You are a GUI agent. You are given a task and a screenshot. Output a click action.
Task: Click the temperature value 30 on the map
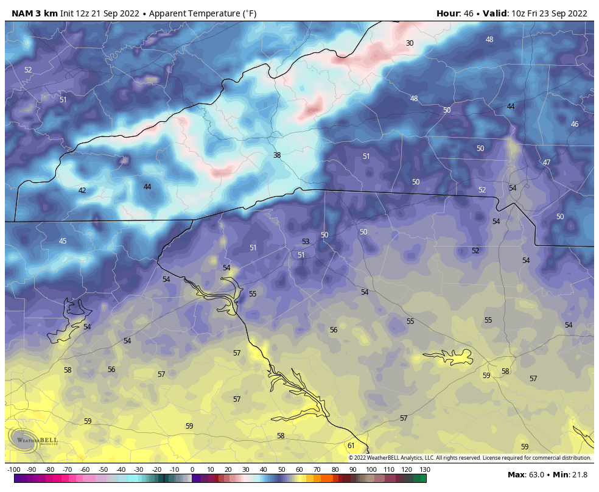coord(410,43)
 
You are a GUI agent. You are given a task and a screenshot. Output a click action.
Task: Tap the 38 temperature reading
coord(277,155)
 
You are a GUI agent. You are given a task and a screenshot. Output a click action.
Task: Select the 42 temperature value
coord(82,191)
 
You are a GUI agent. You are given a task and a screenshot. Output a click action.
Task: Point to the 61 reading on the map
coord(351,446)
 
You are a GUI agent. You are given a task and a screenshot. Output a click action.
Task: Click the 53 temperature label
coord(306,242)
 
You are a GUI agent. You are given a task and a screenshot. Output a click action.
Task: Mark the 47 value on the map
coord(547,163)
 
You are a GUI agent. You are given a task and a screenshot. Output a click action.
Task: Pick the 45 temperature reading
coord(63,241)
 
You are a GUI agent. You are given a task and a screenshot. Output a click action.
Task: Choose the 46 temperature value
coord(575,124)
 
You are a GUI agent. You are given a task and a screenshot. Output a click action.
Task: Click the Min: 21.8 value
coord(571,474)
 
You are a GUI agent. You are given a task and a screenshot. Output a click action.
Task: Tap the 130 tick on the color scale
coord(425,469)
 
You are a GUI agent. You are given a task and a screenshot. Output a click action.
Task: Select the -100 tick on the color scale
coord(14,469)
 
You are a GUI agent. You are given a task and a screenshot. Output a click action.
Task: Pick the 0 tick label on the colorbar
coord(192,469)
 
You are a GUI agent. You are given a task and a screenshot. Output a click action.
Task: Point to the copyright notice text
coord(469,458)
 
